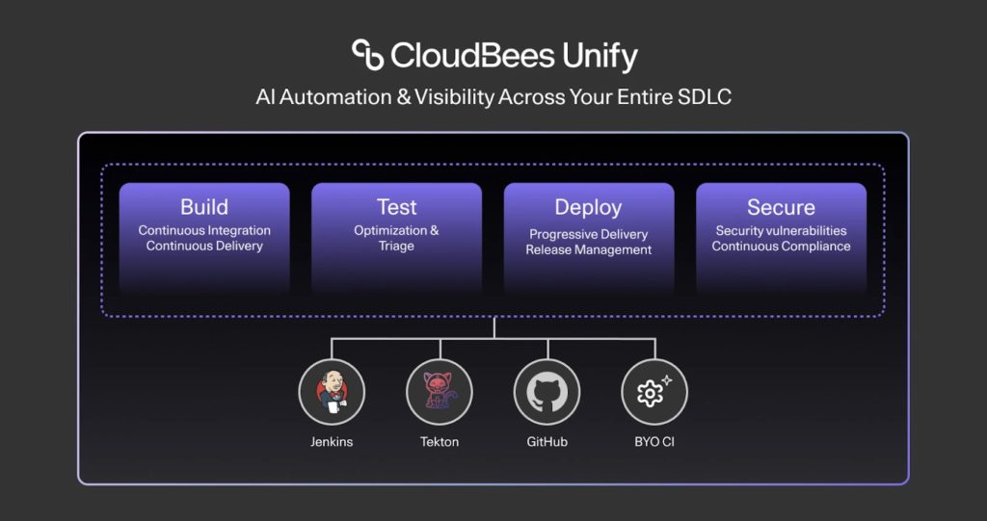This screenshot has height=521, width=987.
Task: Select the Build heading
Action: [x=204, y=207]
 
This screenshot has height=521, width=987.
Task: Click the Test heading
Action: [x=396, y=207]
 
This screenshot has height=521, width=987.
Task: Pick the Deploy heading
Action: [x=588, y=207]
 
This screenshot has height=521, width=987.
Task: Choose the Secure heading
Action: [x=781, y=207]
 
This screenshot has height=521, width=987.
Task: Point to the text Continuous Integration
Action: [x=204, y=230]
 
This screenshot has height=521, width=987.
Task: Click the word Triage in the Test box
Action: [x=396, y=246]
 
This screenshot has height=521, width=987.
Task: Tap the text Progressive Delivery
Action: [x=588, y=234]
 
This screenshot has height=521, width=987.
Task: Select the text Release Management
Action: [x=588, y=249]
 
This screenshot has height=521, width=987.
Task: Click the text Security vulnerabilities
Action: [x=781, y=230]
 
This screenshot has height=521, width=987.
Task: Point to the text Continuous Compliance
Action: [x=781, y=246]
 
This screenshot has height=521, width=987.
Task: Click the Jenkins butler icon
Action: [x=332, y=392]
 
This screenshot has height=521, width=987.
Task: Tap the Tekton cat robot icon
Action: [x=440, y=392]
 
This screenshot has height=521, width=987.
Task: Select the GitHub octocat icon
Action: [x=547, y=392]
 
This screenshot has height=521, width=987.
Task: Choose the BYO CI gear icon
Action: [x=654, y=392]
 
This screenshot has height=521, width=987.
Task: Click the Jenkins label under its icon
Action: [x=332, y=442]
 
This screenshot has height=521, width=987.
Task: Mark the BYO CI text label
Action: [x=654, y=442]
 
